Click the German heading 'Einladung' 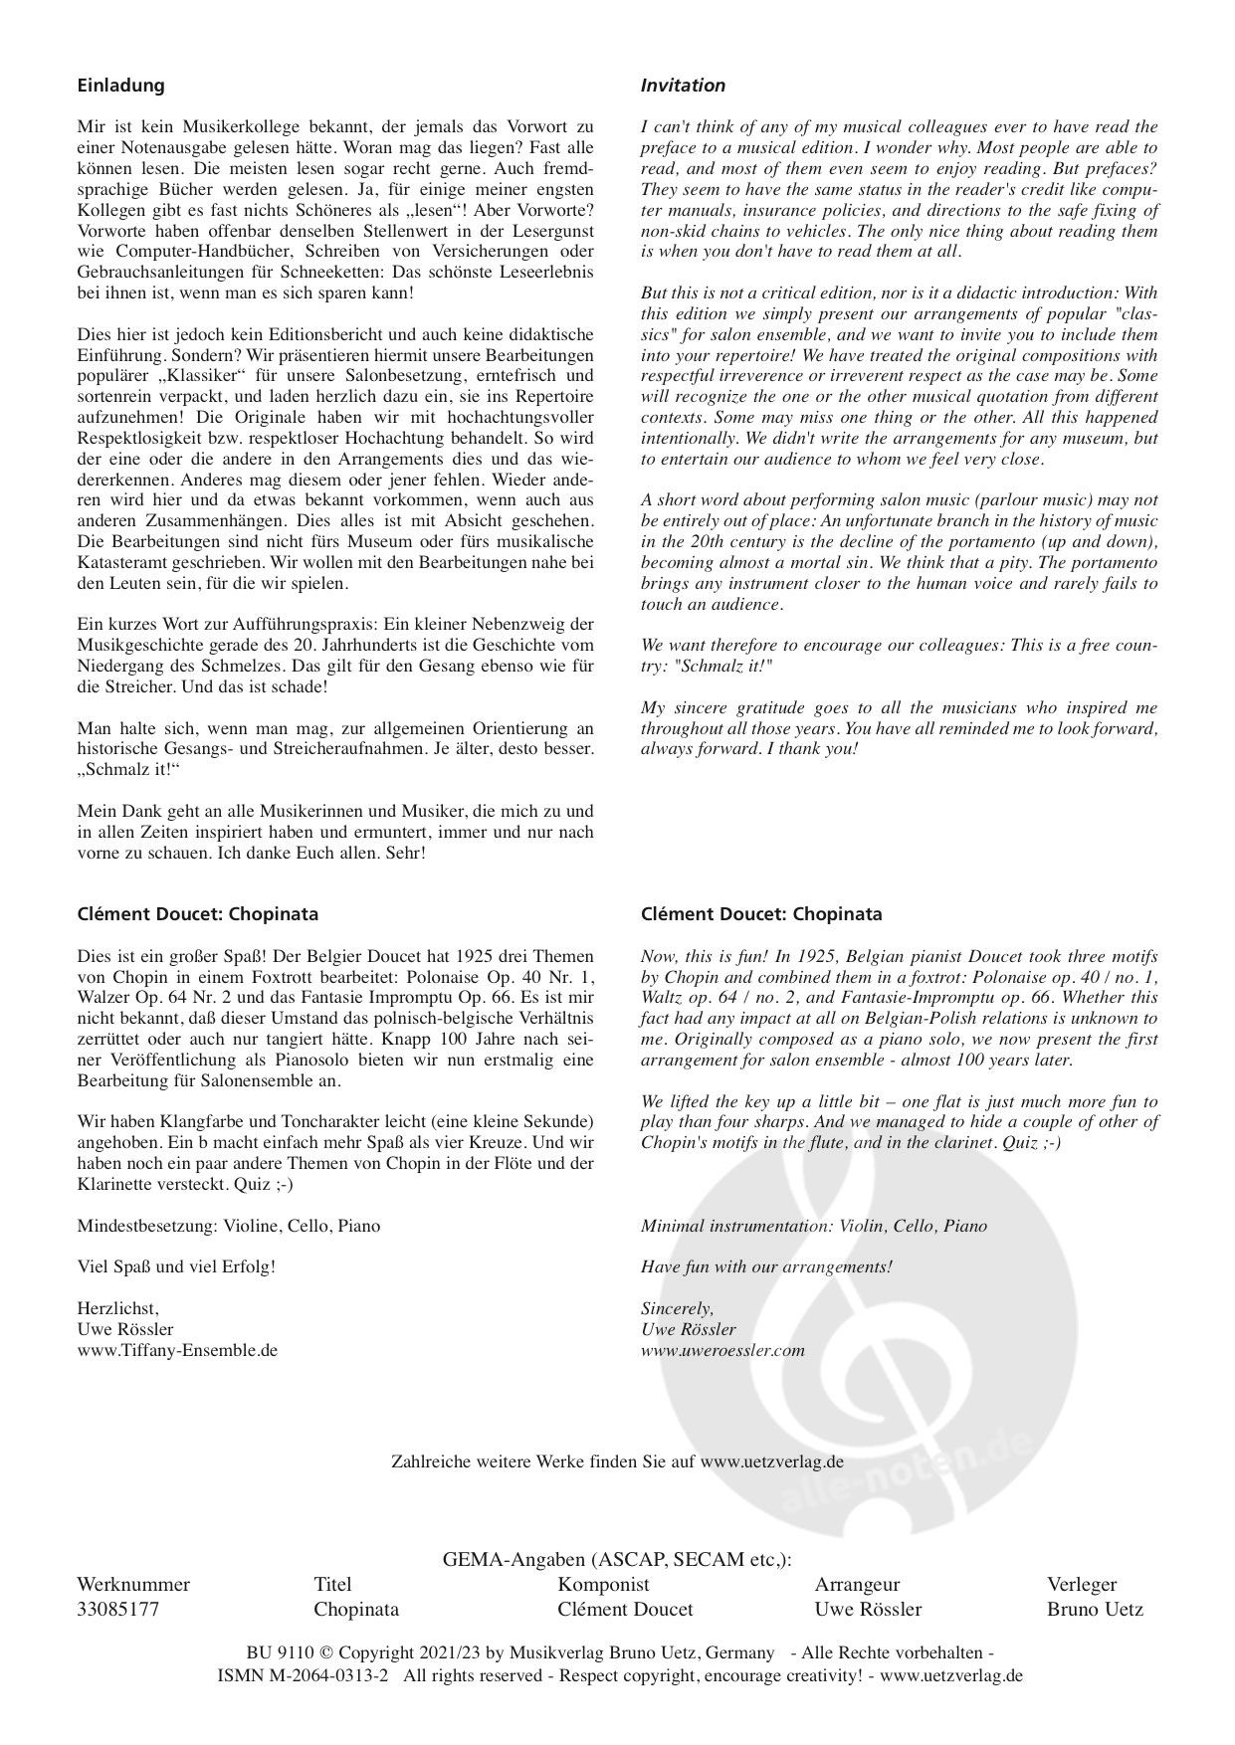[x=120, y=86]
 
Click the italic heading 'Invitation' [x=683, y=86]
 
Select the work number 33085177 [x=117, y=1609]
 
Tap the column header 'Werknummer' [x=132, y=1584]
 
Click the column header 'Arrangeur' [x=857, y=1584]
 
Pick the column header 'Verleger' [x=1082, y=1584]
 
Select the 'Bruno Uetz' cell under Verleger [x=1095, y=1609]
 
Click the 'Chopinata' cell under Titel [x=356, y=1609]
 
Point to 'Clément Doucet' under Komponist [x=625, y=1609]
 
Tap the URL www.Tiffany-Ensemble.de [x=177, y=1350]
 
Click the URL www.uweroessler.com [x=722, y=1350]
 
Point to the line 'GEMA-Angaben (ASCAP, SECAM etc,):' [x=617, y=1560]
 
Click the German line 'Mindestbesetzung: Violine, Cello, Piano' [x=228, y=1226]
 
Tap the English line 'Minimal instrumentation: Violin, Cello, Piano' [x=814, y=1226]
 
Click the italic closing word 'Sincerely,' [x=677, y=1307]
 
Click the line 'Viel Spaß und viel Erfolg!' [x=175, y=1266]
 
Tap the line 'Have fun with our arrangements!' [x=766, y=1266]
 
